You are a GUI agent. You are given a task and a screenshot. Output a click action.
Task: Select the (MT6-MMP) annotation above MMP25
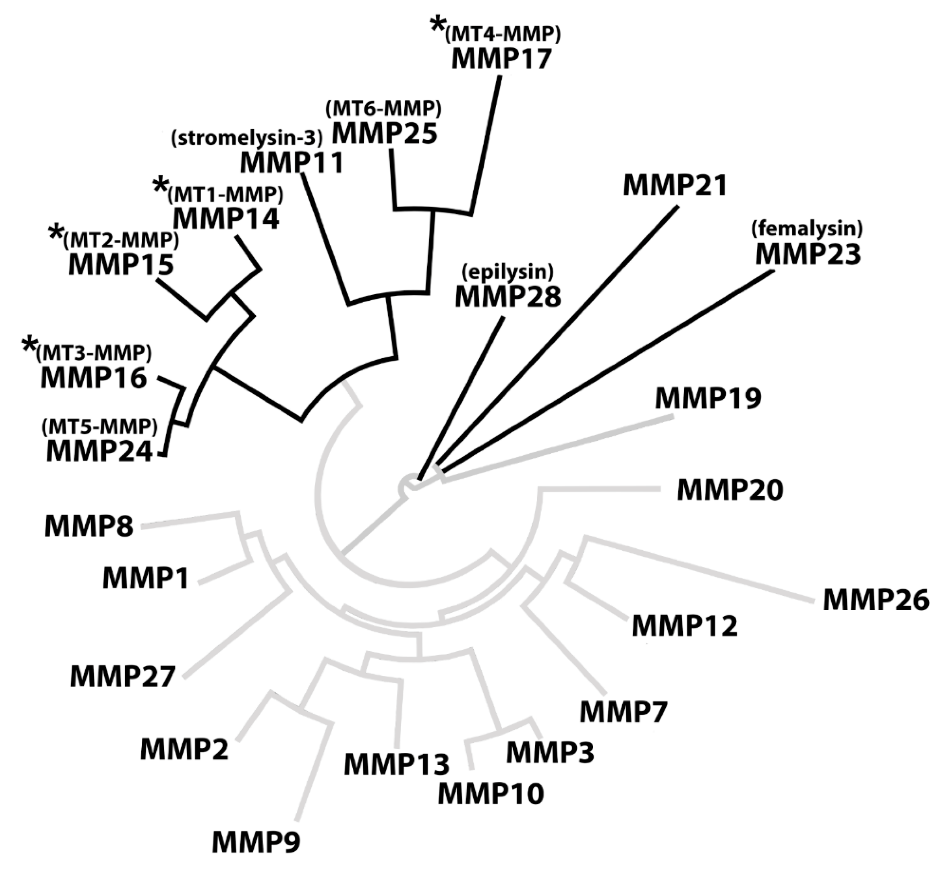pos(383,109)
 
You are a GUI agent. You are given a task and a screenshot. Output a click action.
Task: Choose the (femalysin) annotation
pos(807,229)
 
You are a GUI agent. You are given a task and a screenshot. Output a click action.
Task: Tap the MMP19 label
pos(708,398)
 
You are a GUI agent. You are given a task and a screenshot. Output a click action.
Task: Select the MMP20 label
pos(730,490)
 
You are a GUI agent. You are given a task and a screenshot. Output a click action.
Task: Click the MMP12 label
pos(684,627)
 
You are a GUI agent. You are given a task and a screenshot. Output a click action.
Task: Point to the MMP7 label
pos(623,712)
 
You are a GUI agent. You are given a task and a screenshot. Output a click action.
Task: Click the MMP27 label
pos(123,677)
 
